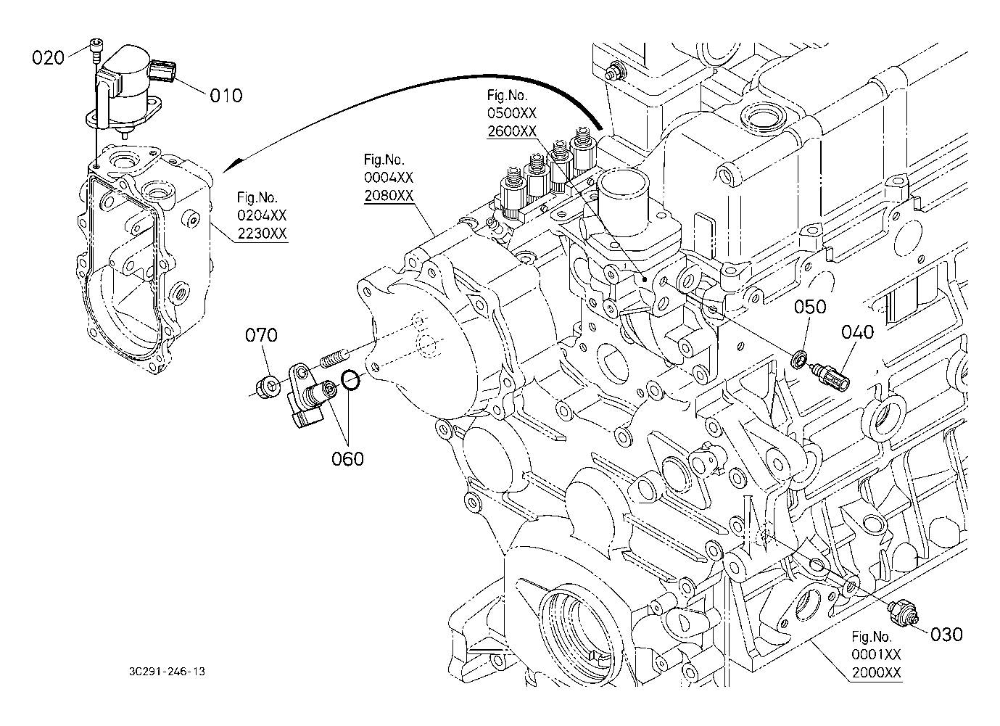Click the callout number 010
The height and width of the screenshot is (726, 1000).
pos(226,95)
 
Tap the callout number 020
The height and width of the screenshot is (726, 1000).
pos(49,57)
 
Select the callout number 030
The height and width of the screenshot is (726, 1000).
pos(946,634)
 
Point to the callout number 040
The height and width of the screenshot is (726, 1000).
pos(858,332)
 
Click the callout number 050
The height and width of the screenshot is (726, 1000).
pos(810,307)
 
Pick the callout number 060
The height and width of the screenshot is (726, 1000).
pos(348,458)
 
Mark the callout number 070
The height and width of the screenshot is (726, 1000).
pos(261,335)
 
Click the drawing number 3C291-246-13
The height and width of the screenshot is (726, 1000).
pos(164,672)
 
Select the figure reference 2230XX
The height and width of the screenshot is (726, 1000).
pos(262,234)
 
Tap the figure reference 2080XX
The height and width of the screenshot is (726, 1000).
pos(389,196)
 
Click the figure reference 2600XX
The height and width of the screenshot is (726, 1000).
pos(512,131)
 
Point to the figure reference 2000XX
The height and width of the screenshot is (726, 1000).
pos(877,672)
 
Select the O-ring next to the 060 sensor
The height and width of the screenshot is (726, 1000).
pos(350,379)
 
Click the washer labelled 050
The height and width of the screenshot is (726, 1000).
pos(799,358)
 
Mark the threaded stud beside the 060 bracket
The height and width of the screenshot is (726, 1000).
pos(334,358)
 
